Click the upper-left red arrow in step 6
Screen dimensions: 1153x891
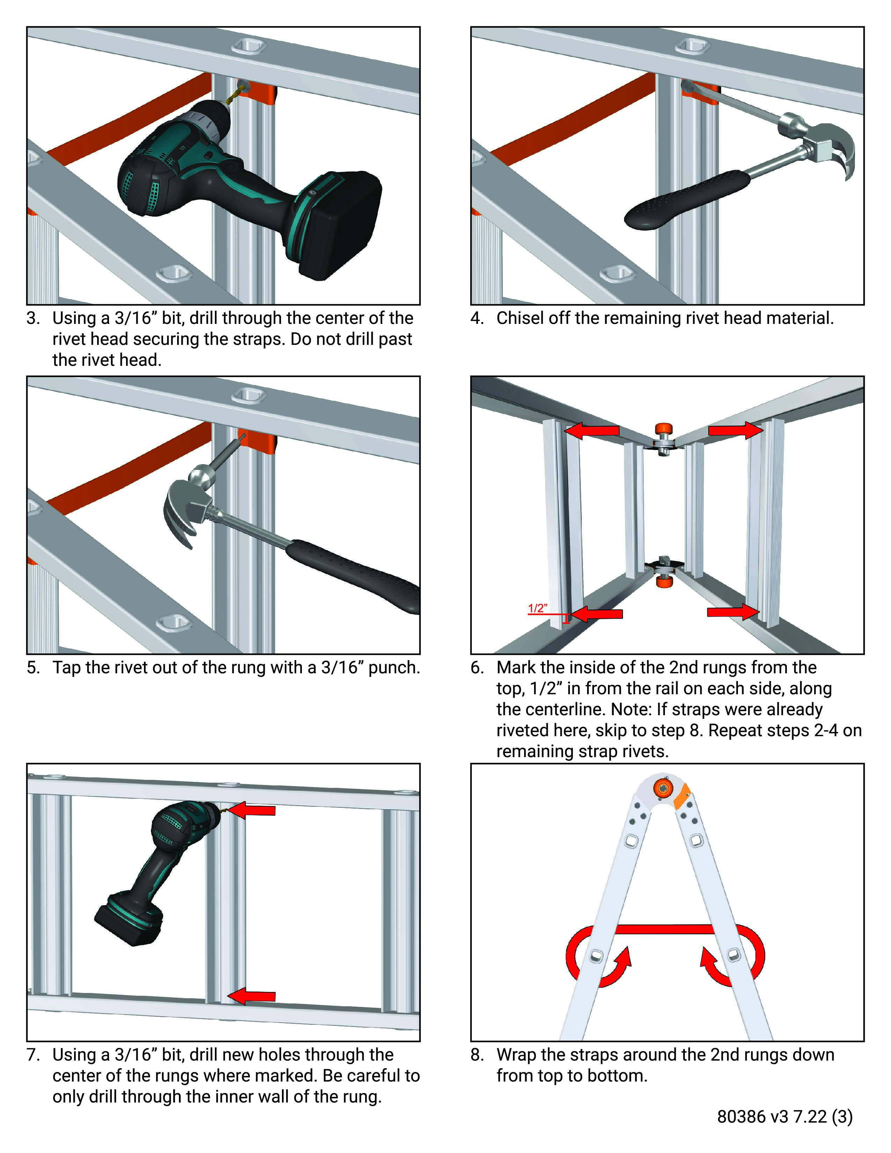point(591,431)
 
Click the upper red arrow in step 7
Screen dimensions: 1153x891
point(252,810)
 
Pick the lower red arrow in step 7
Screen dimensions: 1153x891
point(252,996)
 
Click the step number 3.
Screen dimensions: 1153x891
point(33,318)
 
